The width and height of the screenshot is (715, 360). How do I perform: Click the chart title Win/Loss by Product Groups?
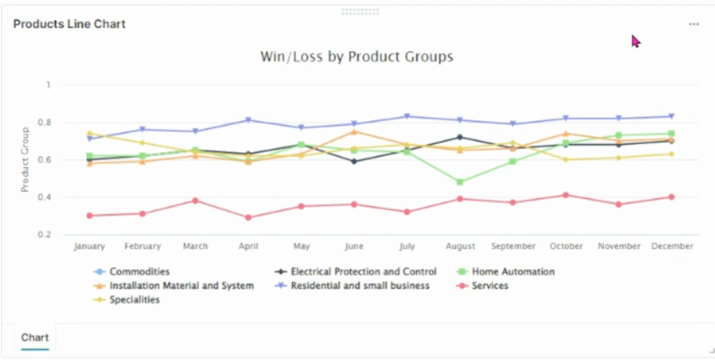click(357, 57)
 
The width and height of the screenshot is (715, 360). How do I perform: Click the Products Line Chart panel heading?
click(69, 24)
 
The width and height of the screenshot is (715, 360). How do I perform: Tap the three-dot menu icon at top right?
click(694, 24)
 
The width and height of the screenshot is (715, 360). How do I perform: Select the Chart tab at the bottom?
click(35, 336)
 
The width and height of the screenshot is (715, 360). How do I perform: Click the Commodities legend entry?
click(140, 272)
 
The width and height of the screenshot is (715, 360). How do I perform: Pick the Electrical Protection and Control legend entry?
click(363, 272)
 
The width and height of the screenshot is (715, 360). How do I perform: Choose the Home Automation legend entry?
click(513, 272)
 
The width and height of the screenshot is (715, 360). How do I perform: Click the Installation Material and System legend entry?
click(181, 286)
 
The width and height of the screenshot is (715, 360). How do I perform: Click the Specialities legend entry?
click(135, 300)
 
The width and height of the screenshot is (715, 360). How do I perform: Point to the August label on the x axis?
click(459, 246)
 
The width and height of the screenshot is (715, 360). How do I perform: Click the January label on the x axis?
click(89, 246)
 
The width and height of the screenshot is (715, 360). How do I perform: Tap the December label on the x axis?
click(671, 246)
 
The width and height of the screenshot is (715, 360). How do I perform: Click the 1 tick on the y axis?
click(49, 85)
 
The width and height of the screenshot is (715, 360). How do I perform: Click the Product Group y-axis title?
click(25, 160)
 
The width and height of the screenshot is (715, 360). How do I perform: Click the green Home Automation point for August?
click(459, 182)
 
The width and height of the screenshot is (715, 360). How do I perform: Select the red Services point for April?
click(247, 217)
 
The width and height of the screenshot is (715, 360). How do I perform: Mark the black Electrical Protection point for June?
click(353, 161)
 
